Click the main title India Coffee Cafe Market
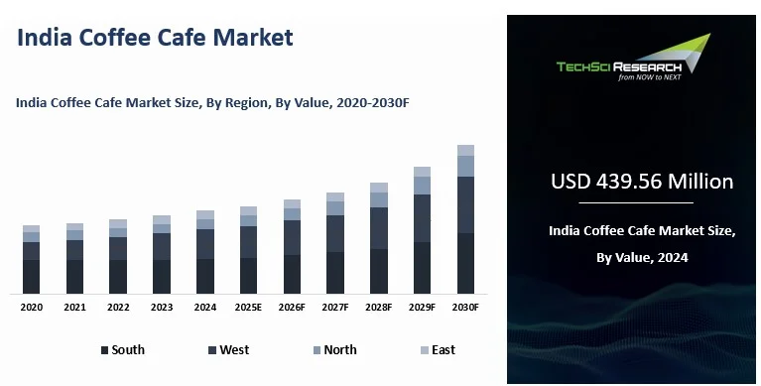point(156,38)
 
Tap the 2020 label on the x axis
point(32,309)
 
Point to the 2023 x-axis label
point(162,309)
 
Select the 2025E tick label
point(248,309)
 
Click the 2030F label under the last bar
point(465,309)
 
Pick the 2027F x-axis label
point(335,309)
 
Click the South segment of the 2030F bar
point(465,263)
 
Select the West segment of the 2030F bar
point(465,204)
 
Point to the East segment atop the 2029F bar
point(422,172)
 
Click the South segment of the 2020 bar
point(32,276)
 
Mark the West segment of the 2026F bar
point(292,237)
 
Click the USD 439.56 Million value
point(642,182)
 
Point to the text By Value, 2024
point(642,257)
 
